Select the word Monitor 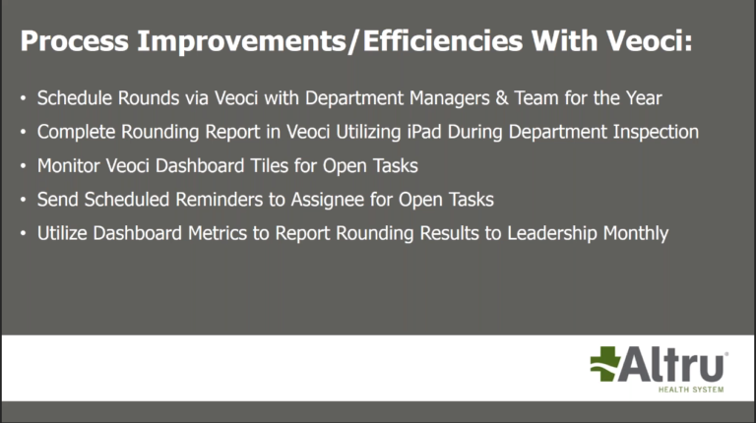click(x=69, y=165)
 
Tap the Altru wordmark click(x=675, y=366)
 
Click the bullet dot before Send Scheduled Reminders click(x=24, y=200)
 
